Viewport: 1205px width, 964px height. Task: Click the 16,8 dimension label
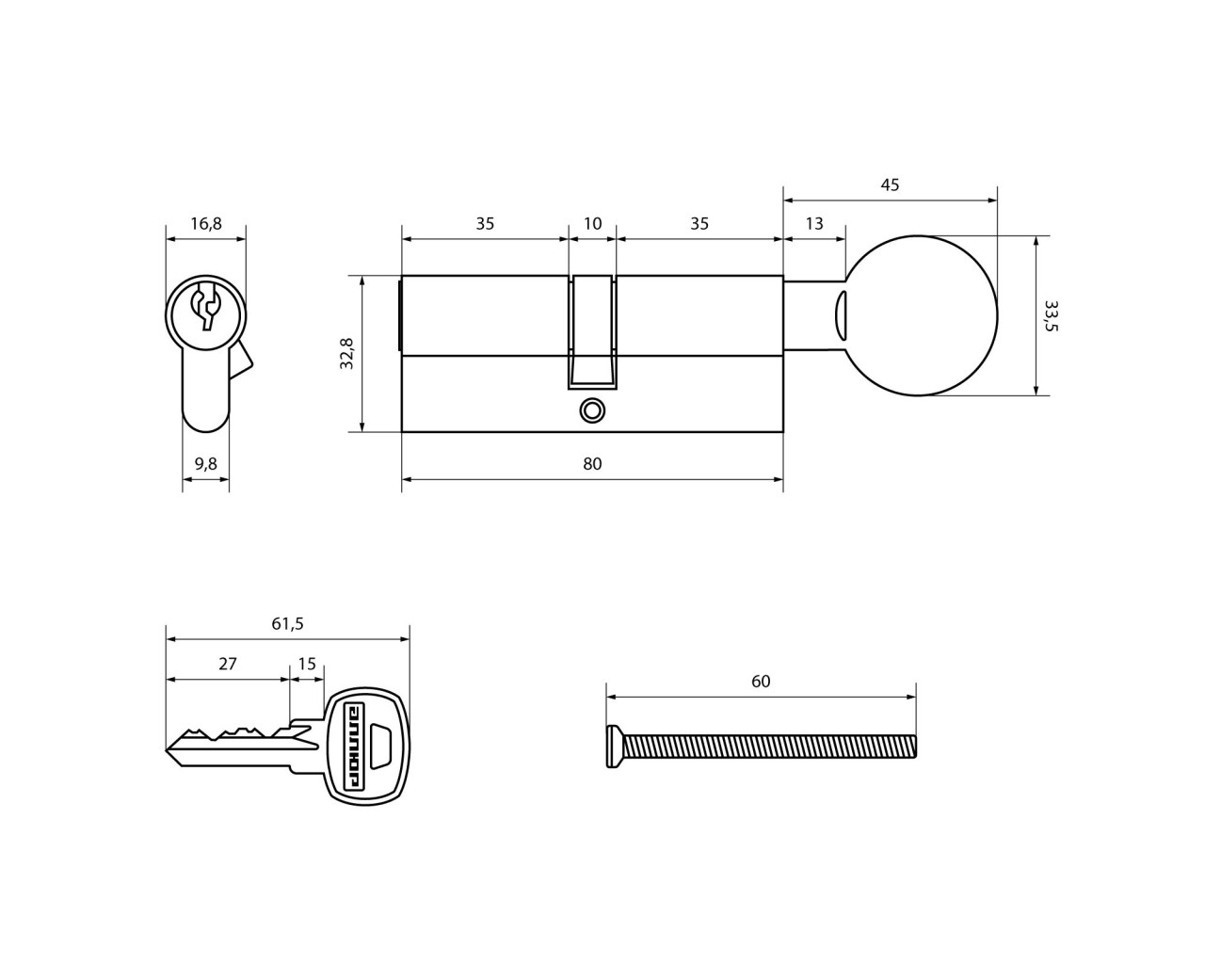point(206,224)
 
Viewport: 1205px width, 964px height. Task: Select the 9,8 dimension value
point(205,463)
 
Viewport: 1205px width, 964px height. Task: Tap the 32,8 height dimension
point(347,353)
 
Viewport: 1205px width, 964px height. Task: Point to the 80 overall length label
point(592,463)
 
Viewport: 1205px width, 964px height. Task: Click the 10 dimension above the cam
point(592,224)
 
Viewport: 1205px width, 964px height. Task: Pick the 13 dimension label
point(814,224)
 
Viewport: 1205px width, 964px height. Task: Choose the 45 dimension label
point(890,185)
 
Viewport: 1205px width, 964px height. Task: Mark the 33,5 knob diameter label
point(1051,316)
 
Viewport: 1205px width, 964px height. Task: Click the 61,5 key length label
point(287,624)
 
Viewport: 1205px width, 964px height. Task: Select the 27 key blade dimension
point(228,664)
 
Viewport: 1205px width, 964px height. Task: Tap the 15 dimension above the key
point(307,664)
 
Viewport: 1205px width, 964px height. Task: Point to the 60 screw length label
point(761,681)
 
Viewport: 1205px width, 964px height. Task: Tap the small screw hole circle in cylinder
point(592,410)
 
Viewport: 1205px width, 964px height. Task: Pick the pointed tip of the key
point(169,749)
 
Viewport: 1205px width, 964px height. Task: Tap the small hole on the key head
point(382,745)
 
